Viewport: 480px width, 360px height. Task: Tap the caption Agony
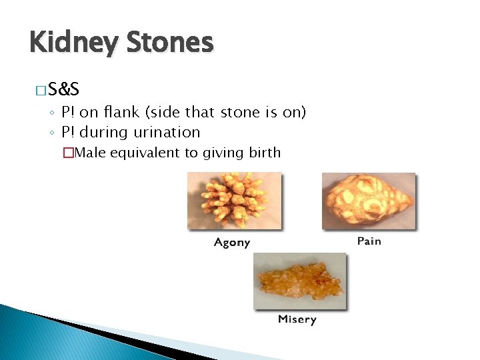click(232, 242)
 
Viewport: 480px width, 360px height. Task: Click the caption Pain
click(369, 241)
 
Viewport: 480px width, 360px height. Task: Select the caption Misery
click(297, 319)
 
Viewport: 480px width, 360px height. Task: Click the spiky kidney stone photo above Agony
click(234, 200)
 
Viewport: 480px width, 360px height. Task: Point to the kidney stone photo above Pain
click(369, 201)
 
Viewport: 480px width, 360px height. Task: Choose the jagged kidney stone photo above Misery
click(299, 281)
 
